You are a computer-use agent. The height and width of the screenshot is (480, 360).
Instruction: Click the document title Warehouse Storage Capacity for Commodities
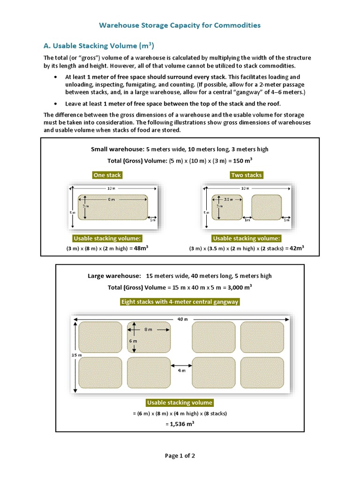180,25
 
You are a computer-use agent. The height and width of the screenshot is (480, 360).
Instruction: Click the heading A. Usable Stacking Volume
98,46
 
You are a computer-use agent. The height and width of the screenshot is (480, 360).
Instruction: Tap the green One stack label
107,175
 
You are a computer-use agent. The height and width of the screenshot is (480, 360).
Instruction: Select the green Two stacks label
247,175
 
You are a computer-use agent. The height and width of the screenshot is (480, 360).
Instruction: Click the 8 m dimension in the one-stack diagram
111,199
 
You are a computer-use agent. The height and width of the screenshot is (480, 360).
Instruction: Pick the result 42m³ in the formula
296,248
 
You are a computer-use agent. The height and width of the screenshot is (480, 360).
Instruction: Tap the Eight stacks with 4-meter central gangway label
180,302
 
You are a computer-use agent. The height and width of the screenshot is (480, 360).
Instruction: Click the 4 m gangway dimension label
181,370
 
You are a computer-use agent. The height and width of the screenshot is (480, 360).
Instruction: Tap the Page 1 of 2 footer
180,455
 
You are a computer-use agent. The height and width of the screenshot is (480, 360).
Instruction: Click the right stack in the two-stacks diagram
267,207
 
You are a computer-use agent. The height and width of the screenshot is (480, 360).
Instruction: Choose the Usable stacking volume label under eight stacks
180,403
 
